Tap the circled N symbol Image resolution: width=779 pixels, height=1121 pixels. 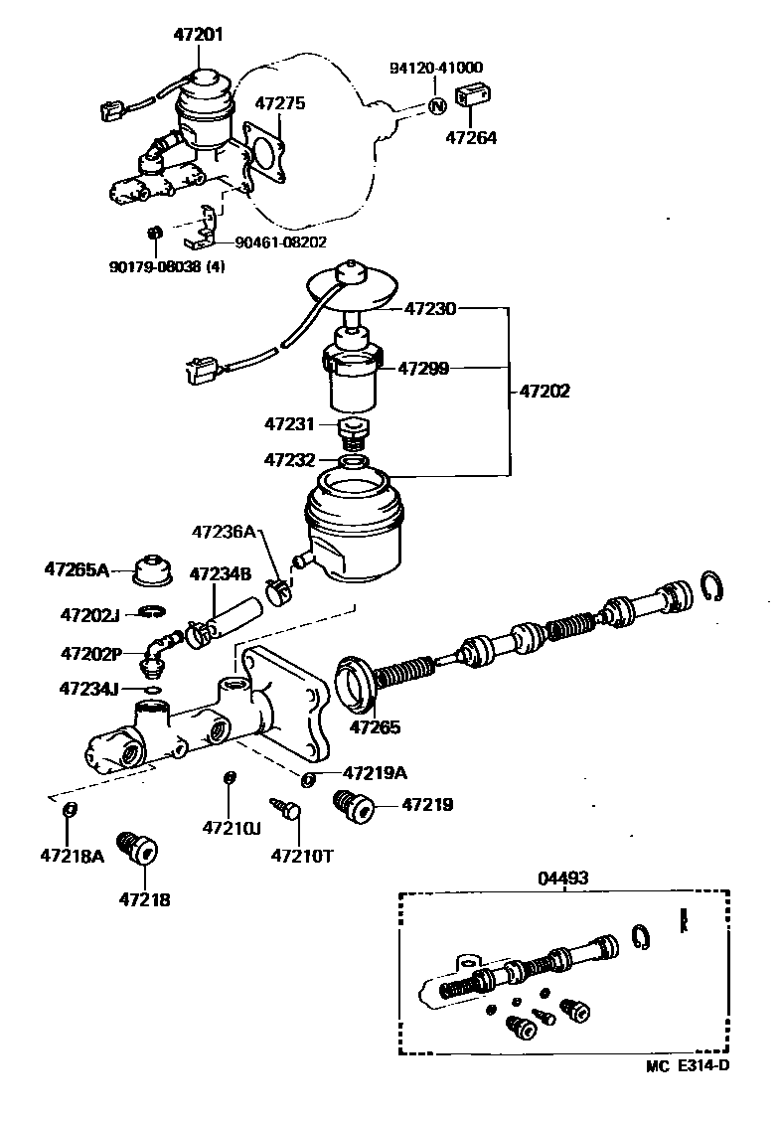tap(435, 105)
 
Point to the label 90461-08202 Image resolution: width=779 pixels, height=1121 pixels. tap(280, 241)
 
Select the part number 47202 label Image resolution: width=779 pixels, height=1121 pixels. tap(545, 391)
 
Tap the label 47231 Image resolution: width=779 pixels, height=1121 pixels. tap(289, 424)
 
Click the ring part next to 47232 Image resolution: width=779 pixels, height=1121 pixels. tap(354, 462)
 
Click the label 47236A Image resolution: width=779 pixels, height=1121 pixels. tap(230, 533)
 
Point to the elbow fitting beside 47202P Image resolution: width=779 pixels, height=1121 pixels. tap(157, 647)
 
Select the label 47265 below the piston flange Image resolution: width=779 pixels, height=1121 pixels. tap(375, 727)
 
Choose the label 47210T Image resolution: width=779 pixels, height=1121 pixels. tap(301, 855)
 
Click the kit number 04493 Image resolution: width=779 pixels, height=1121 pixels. tap(563, 878)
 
